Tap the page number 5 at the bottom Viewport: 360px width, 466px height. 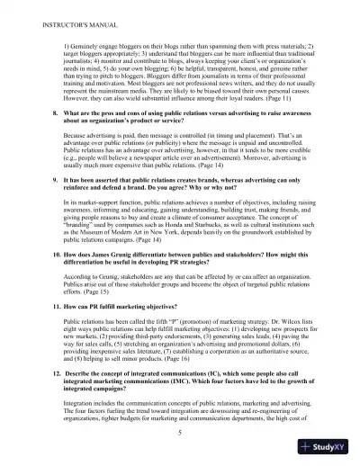coord(180,432)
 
